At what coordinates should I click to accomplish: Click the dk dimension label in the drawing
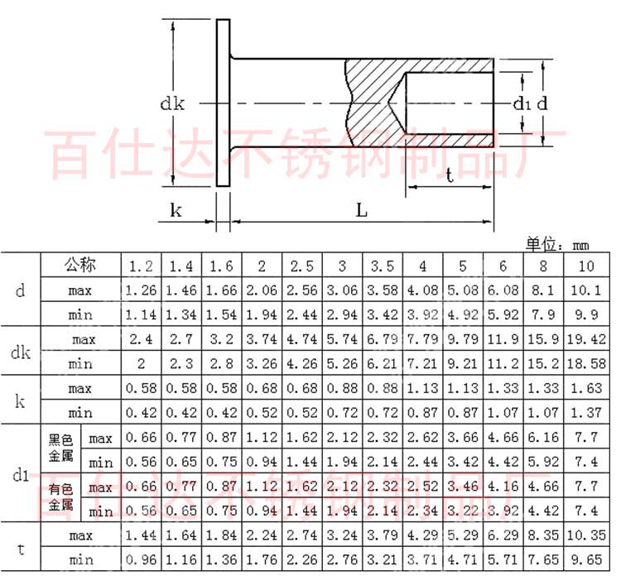tap(172, 103)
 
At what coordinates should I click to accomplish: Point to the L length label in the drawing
tap(362, 209)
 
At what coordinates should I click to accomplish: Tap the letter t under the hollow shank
tap(449, 176)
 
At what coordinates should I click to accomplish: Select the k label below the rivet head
tap(176, 210)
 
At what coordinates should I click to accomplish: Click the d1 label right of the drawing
tap(520, 103)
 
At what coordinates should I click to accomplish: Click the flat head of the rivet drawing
tap(223, 103)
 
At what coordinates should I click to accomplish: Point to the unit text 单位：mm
tap(556, 245)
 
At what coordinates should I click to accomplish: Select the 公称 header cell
tap(81, 266)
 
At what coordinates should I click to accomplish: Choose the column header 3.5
tap(383, 266)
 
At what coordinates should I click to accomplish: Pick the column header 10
tap(585, 266)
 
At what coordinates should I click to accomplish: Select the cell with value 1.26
tap(140, 290)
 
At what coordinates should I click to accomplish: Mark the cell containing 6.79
tap(383, 339)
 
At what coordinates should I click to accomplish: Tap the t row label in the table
tap(20, 547)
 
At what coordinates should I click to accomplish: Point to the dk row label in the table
tap(20, 352)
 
